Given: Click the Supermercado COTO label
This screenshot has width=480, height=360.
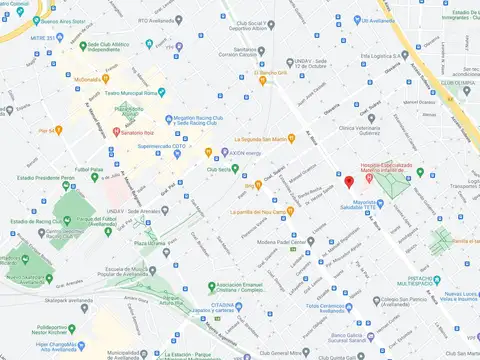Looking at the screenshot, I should (x=162, y=146).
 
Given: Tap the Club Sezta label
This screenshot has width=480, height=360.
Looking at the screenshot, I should (x=218, y=169).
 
